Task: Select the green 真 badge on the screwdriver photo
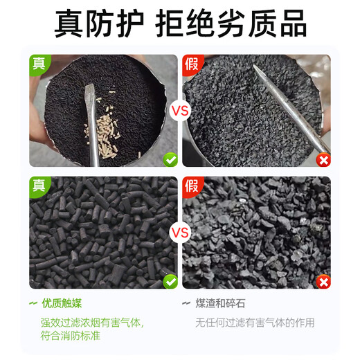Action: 38,64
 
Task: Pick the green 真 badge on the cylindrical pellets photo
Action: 38,185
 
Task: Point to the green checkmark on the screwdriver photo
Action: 170,159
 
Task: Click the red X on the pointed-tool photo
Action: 322,159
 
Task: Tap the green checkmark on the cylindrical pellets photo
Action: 170,280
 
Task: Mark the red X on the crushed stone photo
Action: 322,280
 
